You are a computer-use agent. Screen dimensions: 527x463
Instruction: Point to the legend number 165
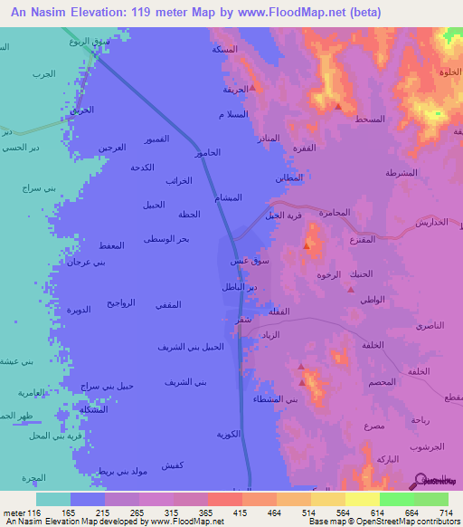click(67, 513)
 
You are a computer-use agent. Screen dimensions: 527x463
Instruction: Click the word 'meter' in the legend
click(14, 513)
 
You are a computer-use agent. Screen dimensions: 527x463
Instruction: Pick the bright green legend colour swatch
click(397, 499)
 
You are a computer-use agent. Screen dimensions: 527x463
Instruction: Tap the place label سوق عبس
click(250, 261)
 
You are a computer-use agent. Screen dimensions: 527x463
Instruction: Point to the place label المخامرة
click(334, 212)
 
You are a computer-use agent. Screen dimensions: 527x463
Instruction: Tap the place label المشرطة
click(401, 173)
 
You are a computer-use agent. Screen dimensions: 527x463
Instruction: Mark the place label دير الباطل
click(240, 286)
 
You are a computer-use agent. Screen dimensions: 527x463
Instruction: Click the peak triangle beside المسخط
click(337, 106)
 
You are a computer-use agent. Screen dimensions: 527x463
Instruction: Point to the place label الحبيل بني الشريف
click(190, 347)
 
